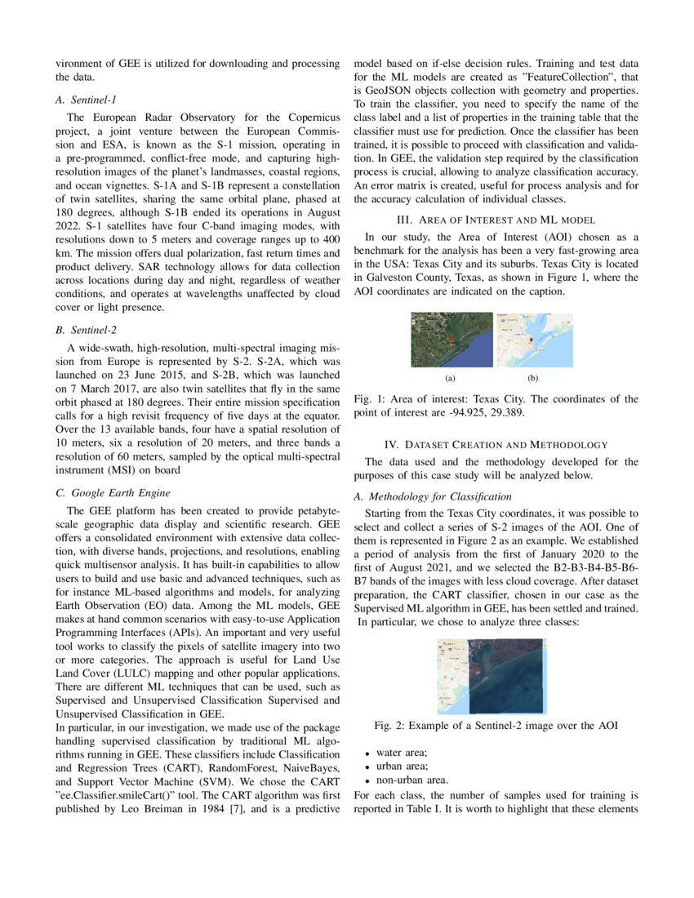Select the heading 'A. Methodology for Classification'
[x=433, y=497]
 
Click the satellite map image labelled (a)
[x=452, y=340]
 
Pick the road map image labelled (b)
[x=533, y=340]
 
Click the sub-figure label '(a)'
[x=450, y=378]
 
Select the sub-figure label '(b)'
[x=532, y=378]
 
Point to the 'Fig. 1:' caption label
[x=369, y=399]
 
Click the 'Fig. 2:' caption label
[x=389, y=725]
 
